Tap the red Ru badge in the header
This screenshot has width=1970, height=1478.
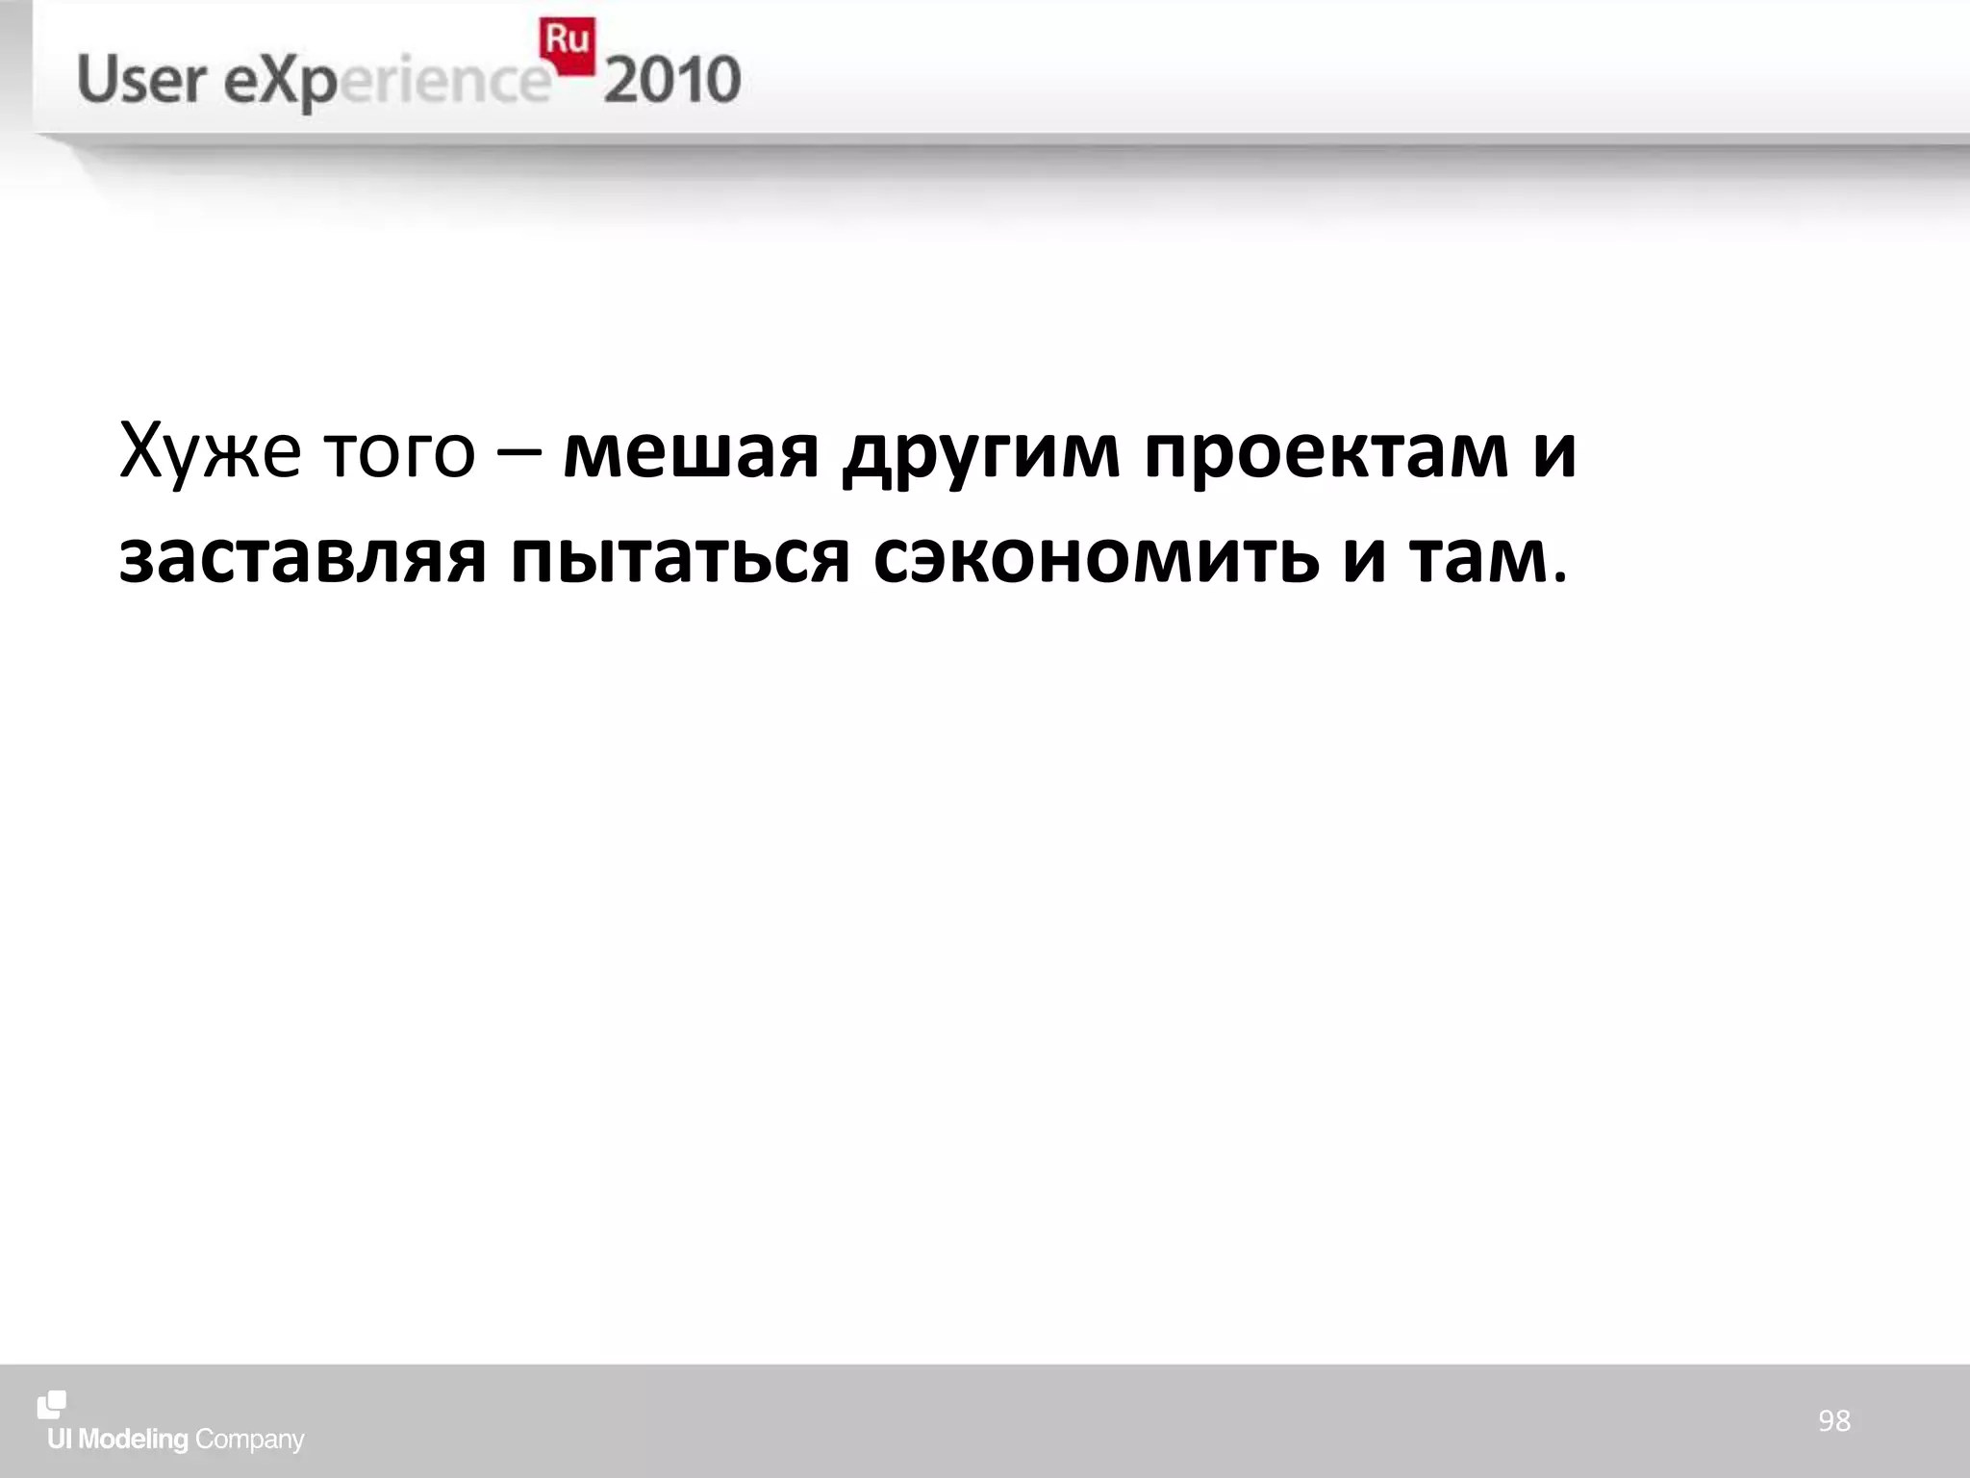(568, 44)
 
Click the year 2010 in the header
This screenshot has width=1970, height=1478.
(672, 81)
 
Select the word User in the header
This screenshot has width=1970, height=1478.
(139, 81)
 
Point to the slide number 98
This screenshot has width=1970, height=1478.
(1833, 1421)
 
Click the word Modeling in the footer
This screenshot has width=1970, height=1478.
(133, 1440)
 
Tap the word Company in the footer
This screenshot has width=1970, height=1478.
(249, 1440)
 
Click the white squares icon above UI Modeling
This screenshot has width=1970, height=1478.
(52, 1405)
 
